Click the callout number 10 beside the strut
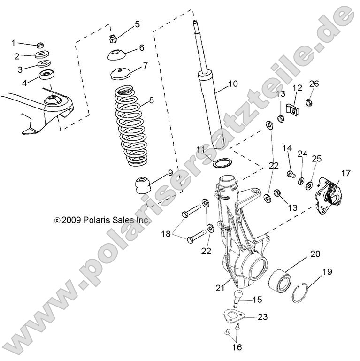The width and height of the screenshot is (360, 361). coord(233,84)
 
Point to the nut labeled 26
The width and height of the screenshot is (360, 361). coord(309,101)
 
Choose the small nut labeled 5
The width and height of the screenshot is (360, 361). coord(113,37)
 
